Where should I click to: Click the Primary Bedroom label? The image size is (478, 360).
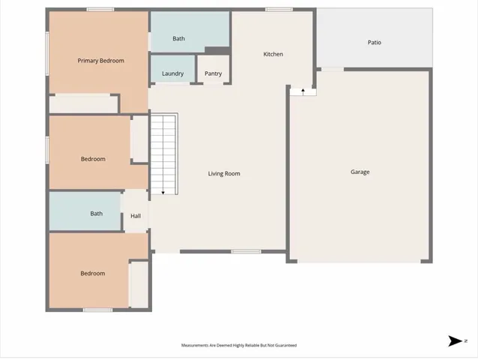100,61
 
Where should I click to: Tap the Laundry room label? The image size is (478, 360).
172,73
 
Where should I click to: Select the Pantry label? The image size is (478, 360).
213,73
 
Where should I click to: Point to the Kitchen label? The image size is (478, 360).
273,54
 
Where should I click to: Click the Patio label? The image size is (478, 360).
374,43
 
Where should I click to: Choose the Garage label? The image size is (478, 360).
360,172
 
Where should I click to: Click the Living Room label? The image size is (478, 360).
224,174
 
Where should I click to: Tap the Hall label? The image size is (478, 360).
136,216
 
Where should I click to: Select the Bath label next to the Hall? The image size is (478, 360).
97,214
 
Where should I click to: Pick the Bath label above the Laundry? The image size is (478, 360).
178,39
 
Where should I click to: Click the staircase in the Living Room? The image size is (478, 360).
164,154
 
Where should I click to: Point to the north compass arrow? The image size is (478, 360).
455,341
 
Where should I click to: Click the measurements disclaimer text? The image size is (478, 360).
238,346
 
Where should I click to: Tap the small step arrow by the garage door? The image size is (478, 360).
303,91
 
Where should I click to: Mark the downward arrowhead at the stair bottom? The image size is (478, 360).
163,193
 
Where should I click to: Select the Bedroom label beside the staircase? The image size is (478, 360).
93,159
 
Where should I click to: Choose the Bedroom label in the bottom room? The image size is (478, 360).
92,274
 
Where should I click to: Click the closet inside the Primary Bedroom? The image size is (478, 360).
83,103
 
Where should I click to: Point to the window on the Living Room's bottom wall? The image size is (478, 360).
246,252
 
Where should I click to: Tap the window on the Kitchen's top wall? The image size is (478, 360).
279,9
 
